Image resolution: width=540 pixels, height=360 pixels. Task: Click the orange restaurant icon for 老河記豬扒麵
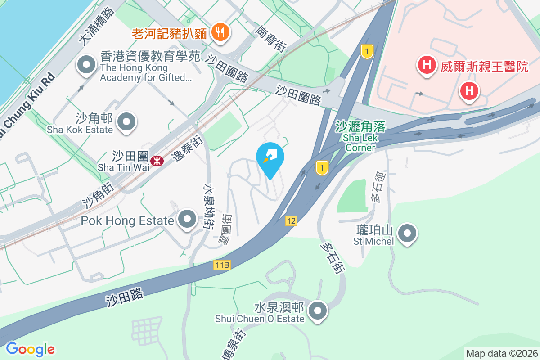tap(220, 32)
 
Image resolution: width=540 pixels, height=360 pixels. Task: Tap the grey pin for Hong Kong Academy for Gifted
tap(86, 65)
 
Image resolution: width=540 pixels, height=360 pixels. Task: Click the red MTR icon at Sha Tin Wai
tap(157, 161)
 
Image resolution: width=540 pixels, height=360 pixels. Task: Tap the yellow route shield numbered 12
tap(291, 221)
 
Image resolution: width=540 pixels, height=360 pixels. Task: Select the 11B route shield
tap(222, 265)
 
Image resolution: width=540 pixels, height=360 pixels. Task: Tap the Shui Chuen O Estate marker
tap(319, 310)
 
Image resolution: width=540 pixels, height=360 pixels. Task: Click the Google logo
tap(30, 349)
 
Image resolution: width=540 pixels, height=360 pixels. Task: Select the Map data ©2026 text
tap(501, 354)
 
